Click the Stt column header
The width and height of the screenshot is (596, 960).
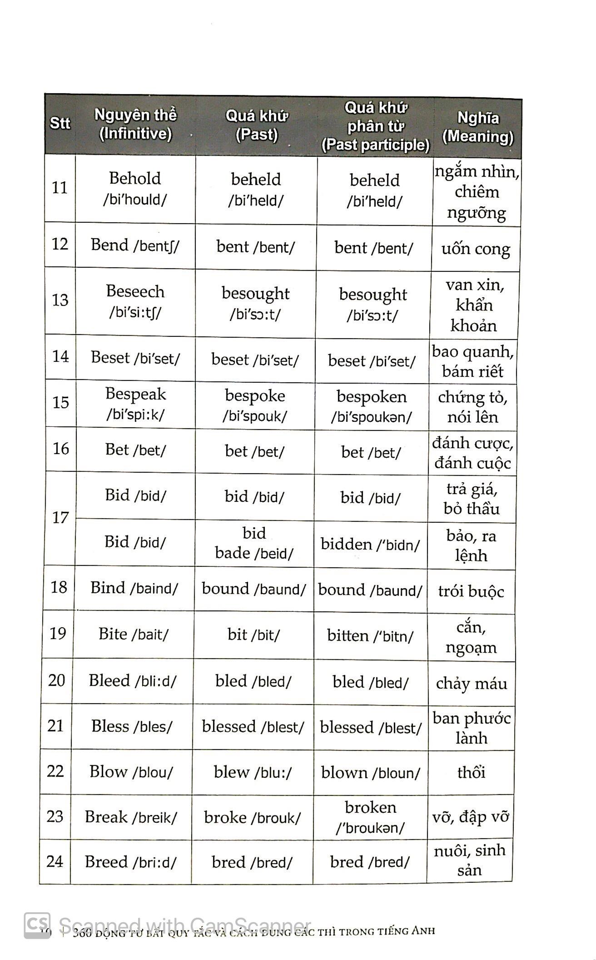tap(60, 123)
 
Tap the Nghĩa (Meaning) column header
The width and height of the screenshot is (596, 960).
tap(477, 127)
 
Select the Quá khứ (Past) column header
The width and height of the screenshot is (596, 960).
tap(257, 125)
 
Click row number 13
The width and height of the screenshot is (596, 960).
tap(60, 300)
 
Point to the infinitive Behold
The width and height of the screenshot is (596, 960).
tap(135, 178)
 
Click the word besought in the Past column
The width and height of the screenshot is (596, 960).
tap(255, 293)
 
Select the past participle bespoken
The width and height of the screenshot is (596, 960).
tap(372, 397)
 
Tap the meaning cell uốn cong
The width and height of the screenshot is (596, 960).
tap(476, 249)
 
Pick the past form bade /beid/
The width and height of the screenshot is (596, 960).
tap(254, 553)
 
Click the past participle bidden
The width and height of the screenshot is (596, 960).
tap(346, 544)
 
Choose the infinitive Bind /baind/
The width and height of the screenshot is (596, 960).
tap(134, 588)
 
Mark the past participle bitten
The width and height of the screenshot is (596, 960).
tap(348, 635)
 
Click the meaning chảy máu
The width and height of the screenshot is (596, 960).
tap(472, 683)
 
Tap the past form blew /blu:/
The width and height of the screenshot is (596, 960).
tap(253, 772)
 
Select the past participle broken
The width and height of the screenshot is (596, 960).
tap(370, 807)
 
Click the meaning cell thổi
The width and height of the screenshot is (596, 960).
tap(471, 772)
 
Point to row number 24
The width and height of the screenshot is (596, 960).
tap(55, 861)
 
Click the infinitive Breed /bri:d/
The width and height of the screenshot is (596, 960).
tap(130, 862)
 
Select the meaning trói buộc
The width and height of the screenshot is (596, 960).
tap(471, 591)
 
